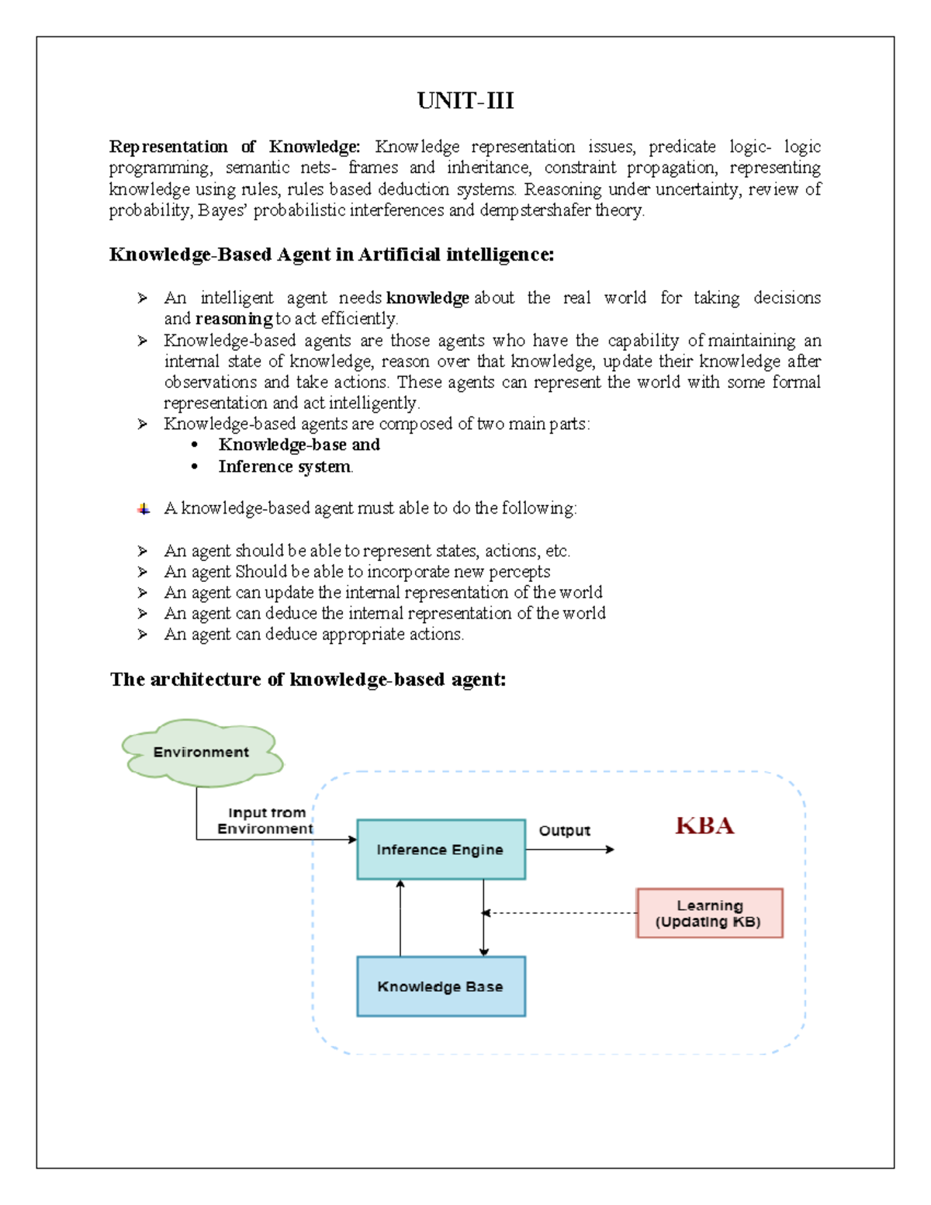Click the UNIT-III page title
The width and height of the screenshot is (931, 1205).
[465, 101]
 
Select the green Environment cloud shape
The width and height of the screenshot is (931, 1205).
[201, 752]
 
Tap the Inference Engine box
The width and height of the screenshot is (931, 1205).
[441, 850]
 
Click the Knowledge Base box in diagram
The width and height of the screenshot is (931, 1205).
[441, 986]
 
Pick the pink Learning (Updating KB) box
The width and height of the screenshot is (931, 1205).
[709, 913]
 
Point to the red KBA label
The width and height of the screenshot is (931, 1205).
[704, 826]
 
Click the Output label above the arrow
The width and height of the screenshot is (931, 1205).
[564, 830]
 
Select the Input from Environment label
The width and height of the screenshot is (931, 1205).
[265, 821]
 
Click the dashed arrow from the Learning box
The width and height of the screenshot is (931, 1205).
[559, 913]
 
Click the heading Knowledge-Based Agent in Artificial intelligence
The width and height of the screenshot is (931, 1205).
[331, 255]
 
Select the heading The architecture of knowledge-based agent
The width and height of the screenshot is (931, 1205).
[308, 680]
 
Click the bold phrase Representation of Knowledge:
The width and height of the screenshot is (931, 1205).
[234, 147]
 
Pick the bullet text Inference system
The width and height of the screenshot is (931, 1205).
[285, 466]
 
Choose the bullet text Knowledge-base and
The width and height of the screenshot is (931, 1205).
[299, 445]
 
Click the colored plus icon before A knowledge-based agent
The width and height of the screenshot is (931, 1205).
[144, 509]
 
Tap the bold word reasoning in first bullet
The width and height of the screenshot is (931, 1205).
[234, 319]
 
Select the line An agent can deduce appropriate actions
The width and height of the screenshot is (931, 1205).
[313, 635]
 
